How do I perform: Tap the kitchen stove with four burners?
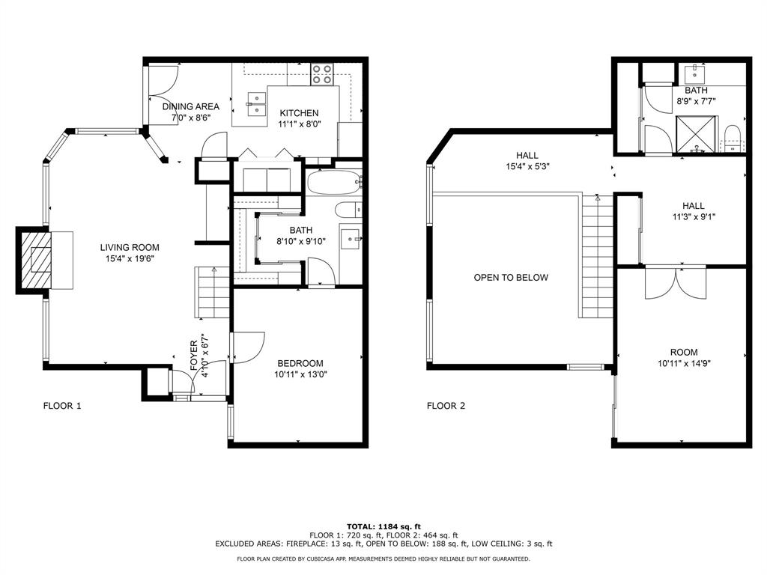[x=323, y=73]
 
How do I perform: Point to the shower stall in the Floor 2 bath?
[x=697, y=136]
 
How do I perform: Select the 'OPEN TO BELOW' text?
[x=511, y=278]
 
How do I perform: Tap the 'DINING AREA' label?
[x=191, y=106]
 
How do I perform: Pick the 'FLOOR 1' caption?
[x=61, y=406]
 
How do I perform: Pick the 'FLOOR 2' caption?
[x=446, y=406]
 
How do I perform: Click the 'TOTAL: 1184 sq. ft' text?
[x=383, y=526]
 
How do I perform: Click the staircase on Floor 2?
[x=597, y=258]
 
